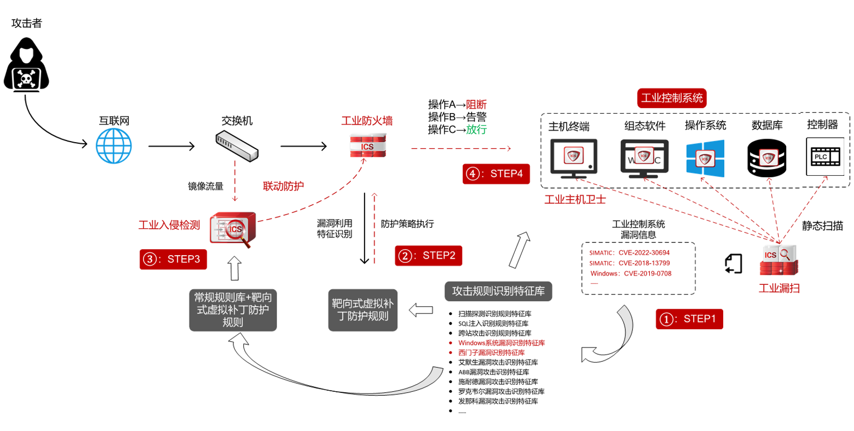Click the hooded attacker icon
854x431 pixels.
pos(26,65)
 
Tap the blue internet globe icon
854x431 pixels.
pos(114,146)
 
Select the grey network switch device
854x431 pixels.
pos(237,146)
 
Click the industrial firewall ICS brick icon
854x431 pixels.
pos(368,145)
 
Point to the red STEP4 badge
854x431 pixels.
pos(496,174)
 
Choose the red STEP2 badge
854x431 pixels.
pos(428,256)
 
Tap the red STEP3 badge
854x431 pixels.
pos(173,259)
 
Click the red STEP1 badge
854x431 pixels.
pos(690,319)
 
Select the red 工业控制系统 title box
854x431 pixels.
pos(672,98)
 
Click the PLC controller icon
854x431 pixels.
pos(825,157)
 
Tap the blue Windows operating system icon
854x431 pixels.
pos(705,158)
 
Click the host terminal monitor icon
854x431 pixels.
pos(574,158)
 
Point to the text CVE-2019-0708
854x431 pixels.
pos(648,274)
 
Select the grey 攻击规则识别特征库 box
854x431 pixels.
pos(498,291)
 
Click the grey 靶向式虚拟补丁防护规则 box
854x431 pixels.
pos(363,310)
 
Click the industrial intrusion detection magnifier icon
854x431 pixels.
pos(233,229)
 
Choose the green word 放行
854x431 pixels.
pos(476,130)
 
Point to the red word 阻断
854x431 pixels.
pos(476,104)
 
